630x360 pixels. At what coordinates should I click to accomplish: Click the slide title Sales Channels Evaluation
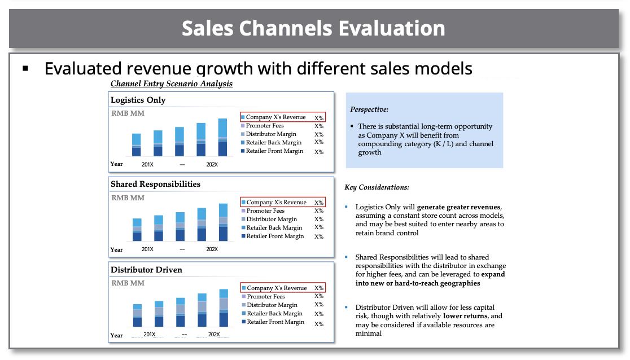(313, 28)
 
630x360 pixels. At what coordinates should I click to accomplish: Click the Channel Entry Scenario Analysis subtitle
(172, 84)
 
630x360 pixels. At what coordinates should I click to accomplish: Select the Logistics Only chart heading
(138, 100)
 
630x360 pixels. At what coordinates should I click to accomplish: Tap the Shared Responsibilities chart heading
(156, 184)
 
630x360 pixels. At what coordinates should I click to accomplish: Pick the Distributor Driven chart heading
(147, 270)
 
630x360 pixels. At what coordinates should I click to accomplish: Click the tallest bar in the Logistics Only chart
(222, 137)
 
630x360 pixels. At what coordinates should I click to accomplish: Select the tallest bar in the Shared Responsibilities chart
(223, 222)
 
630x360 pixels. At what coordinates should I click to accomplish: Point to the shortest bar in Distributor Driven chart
(137, 315)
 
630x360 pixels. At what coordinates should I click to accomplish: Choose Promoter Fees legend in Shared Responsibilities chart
(265, 210)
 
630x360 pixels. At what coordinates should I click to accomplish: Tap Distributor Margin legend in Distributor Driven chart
(272, 305)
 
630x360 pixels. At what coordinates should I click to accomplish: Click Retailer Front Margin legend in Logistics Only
(274, 151)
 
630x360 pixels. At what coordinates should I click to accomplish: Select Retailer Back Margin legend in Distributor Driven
(274, 313)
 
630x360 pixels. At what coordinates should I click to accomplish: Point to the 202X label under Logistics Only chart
(212, 164)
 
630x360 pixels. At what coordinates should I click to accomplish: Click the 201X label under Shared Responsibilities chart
(147, 249)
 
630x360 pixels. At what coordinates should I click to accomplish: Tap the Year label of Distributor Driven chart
(117, 335)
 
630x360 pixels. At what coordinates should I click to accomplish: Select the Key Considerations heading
(377, 187)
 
